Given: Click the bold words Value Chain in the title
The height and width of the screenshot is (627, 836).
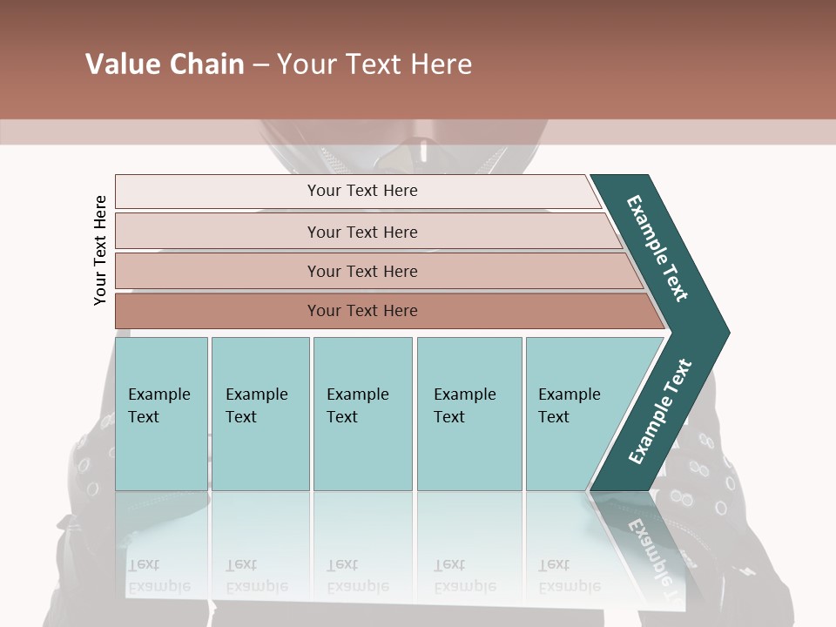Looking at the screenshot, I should click(x=165, y=64).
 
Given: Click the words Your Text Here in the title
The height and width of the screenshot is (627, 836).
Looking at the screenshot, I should click(x=374, y=64).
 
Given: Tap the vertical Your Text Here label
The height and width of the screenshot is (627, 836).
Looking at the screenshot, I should click(x=100, y=250).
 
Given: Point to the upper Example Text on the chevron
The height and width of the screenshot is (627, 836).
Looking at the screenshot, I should click(x=657, y=248).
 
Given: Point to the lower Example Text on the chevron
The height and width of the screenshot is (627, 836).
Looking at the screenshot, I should click(x=659, y=411).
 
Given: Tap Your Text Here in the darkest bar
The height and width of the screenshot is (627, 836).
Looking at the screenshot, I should click(x=362, y=311).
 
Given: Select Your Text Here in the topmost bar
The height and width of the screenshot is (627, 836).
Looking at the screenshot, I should click(x=362, y=191).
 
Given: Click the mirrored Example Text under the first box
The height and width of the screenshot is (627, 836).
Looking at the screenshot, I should click(x=158, y=576).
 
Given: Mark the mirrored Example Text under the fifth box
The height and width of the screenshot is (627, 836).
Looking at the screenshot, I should click(x=569, y=576).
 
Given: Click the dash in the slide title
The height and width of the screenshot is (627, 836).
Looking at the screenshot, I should click(x=260, y=65).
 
